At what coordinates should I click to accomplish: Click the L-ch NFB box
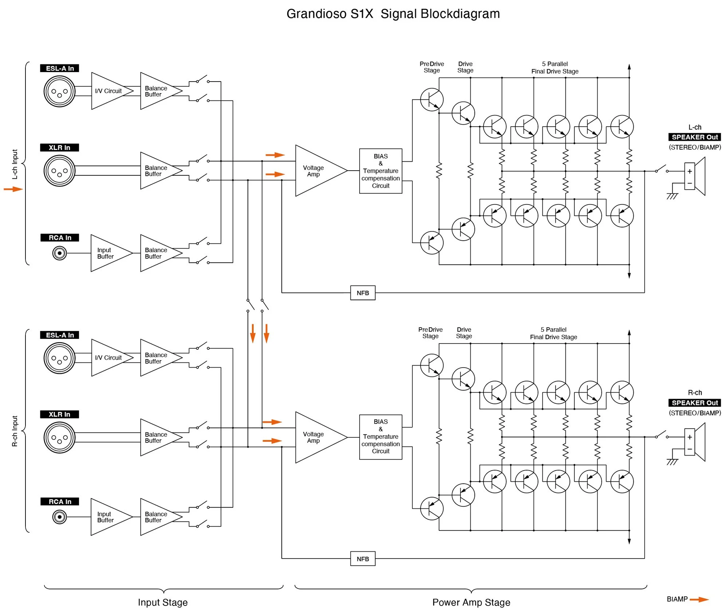[x=363, y=293]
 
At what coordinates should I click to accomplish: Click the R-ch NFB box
[x=363, y=559]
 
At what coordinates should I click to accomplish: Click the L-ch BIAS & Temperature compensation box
[x=380, y=171]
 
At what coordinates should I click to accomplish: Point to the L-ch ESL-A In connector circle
[x=59, y=91]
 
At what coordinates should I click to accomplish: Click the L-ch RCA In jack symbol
[x=59, y=253]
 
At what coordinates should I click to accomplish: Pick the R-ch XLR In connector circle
[x=59, y=437]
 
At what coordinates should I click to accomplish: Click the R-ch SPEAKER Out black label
[x=695, y=402]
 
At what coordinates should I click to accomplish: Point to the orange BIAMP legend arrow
[x=699, y=599]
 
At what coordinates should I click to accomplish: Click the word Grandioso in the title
[x=316, y=14]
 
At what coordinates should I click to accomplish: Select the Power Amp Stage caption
[x=471, y=602]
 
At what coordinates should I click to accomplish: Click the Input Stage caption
[x=163, y=602]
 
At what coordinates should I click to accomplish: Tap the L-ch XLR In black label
[x=59, y=147]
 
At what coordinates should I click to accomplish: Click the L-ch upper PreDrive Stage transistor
[x=432, y=99]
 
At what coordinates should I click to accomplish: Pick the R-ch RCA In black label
[x=59, y=501]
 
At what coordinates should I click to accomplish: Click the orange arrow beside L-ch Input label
[x=13, y=189]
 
